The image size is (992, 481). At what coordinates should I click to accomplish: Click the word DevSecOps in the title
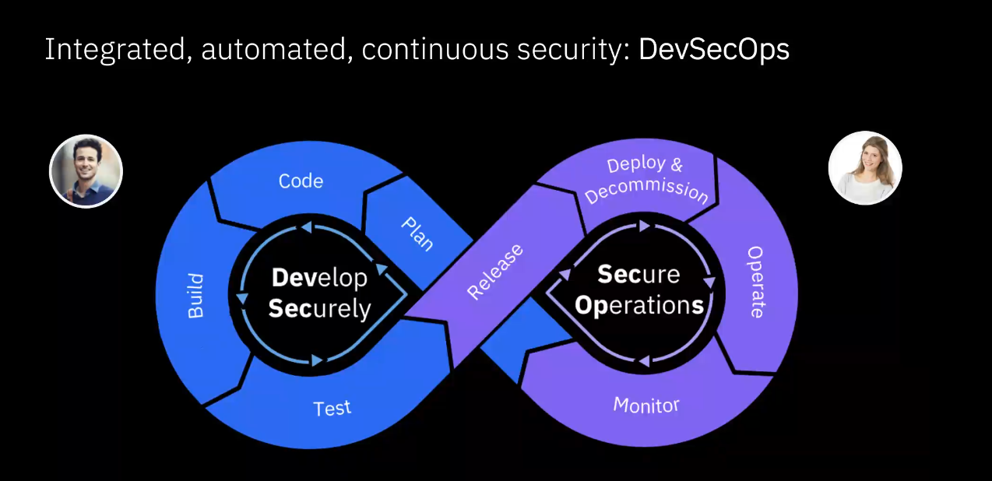[x=713, y=50]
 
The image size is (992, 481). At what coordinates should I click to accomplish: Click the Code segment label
[x=301, y=181]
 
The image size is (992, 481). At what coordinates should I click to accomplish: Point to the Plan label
[x=417, y=233]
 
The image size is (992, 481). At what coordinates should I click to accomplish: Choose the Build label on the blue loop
[x=195, y=296]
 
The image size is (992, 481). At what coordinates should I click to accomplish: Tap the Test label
[x=332, y=408]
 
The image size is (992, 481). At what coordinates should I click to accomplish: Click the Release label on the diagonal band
[x=495, y=272]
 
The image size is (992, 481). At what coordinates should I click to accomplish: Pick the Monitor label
[x=646, y=405]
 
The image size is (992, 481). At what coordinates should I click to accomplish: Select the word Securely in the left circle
[x=319, y=309]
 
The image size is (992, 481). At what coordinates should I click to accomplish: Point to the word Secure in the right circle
[x=638, y=275]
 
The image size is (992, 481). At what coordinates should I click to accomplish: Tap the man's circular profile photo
[x=86, y=171]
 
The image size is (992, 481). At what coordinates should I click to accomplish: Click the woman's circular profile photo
[x=865, y=168]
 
